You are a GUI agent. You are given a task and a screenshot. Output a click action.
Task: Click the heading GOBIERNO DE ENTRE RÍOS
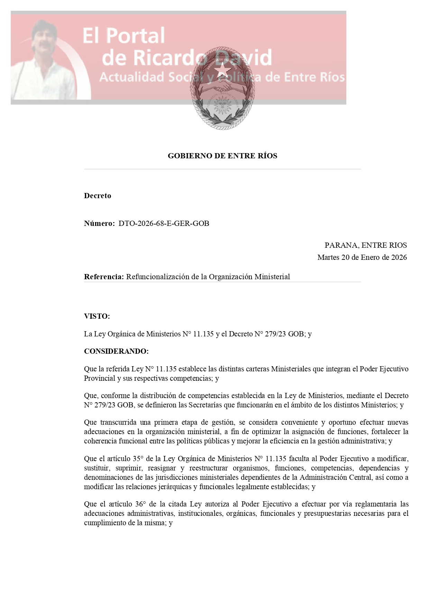[x=222, y=156]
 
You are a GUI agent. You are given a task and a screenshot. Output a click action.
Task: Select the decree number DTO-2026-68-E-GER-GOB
[x=164, y=223]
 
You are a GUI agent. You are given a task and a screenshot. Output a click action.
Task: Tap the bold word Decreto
[x=98, y=196]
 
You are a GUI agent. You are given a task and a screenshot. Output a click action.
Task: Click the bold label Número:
[x=99, y=223]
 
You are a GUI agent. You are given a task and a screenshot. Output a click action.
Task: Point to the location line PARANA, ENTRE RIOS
[x=365, y=245]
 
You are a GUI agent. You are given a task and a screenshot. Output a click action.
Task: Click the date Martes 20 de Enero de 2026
[x=362, y=257]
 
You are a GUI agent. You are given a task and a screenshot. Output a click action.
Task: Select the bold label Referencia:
[x=104, y=277]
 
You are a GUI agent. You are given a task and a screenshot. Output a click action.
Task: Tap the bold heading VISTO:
[x=97, y=316]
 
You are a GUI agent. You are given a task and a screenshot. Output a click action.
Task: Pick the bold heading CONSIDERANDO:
[x=116, y=351]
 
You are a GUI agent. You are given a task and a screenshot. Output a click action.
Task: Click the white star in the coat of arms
[x=222, y=70]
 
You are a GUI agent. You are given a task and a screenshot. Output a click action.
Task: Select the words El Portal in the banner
[x=124, y=36]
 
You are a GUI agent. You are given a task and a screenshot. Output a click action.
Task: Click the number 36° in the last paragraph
[x=140, y=504]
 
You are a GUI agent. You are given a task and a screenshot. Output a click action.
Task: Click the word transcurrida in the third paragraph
[x=118, y=422]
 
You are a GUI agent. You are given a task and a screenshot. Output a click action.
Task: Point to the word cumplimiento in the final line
[x=105, y=523]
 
